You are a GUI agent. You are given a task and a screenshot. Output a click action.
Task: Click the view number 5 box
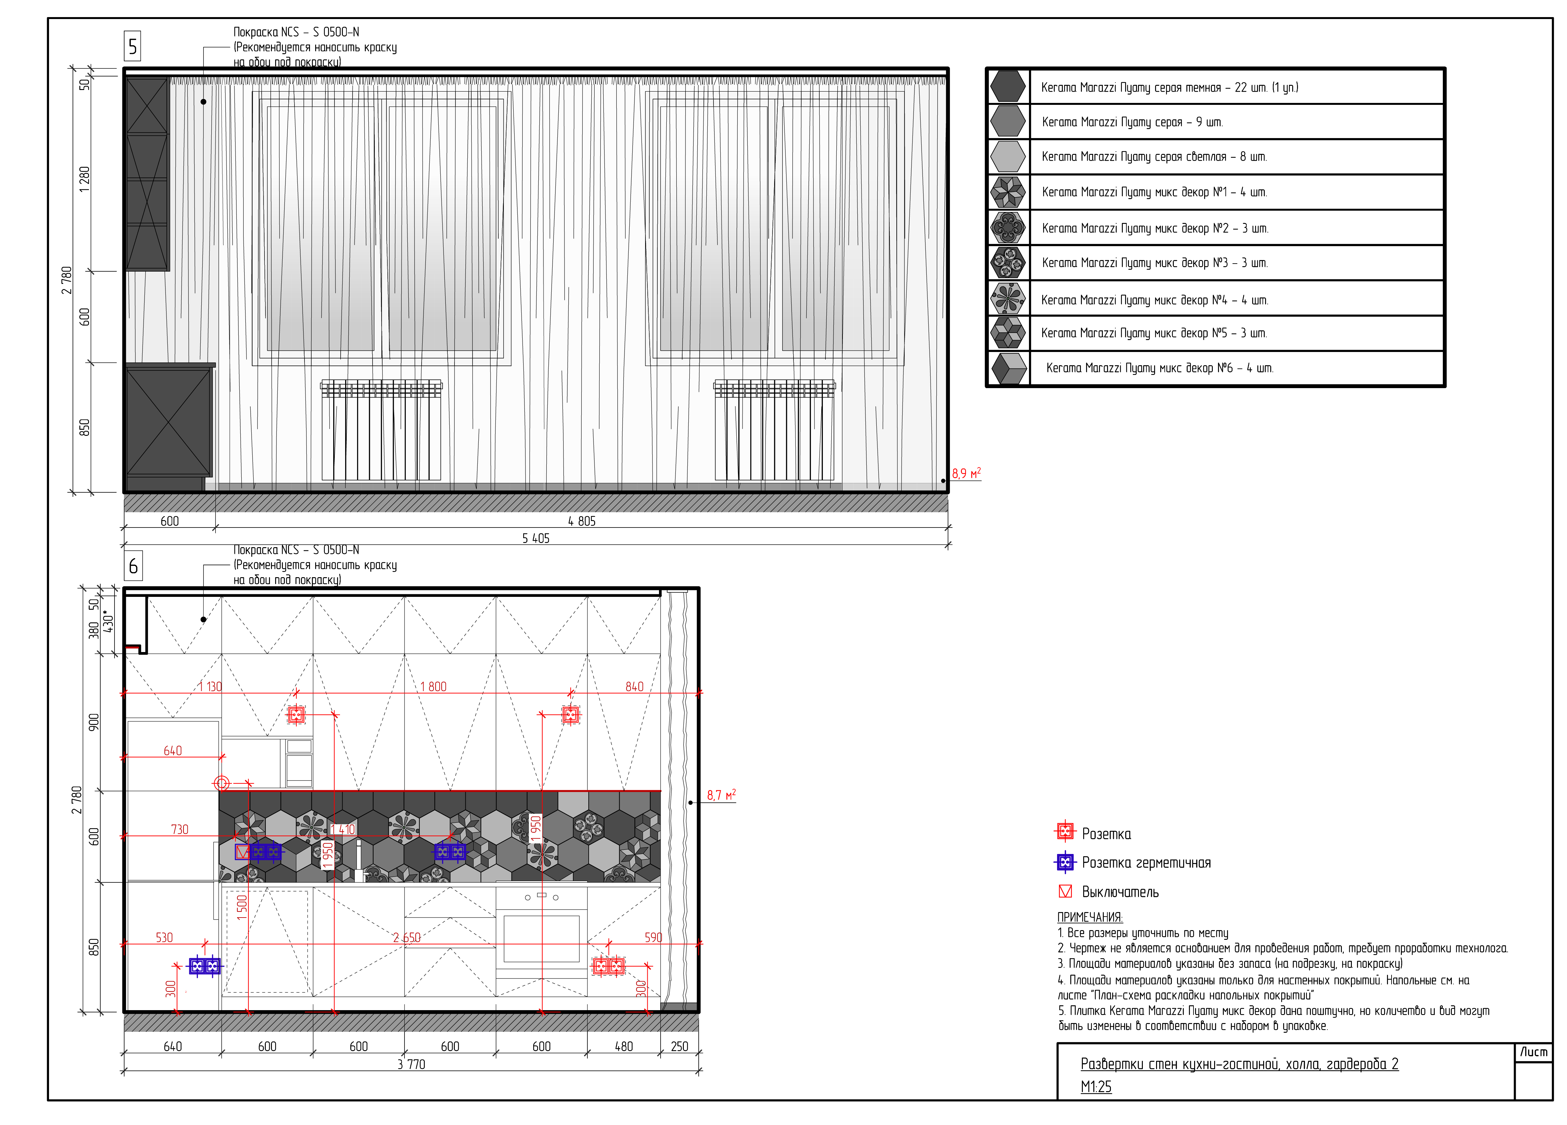(133, 46)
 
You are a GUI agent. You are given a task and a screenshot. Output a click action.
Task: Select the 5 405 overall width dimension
(535, 538)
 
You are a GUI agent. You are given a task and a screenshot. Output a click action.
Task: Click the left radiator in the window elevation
(381, 430)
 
